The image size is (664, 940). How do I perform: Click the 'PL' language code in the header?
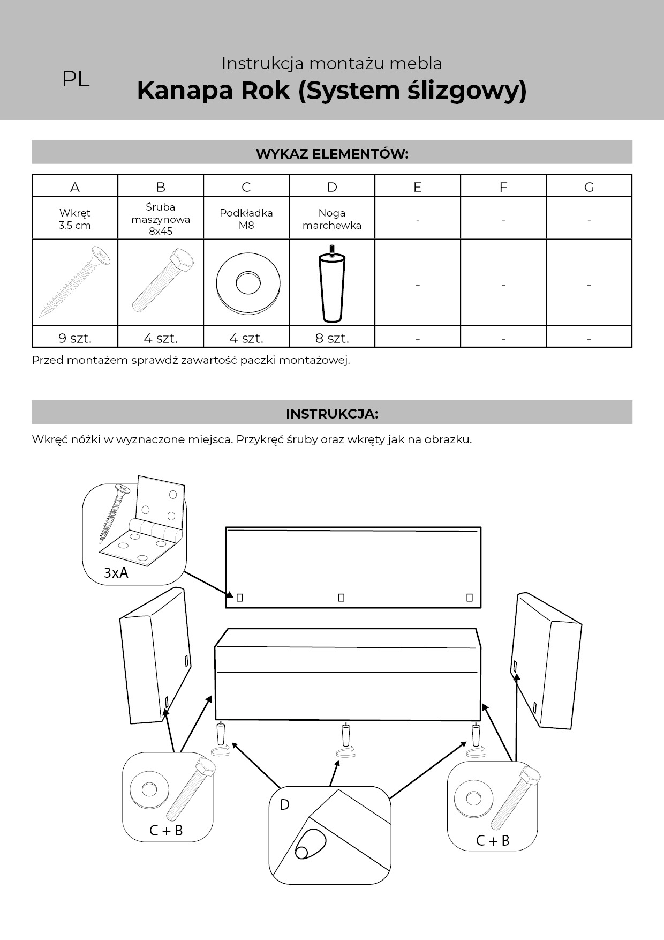coord(76,79)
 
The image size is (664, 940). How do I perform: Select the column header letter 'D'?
coord(332,187)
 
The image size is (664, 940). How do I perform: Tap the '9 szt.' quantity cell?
coord(75,338)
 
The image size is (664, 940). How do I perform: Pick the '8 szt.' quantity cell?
coord(332,338)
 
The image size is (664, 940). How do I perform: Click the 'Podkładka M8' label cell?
coord(246,219)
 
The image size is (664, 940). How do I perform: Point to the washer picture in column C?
coord(248,282)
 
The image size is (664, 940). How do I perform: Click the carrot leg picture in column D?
coord(331,284)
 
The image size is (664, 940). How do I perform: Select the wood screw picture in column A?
coord(75,281)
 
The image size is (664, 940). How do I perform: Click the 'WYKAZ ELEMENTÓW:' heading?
coord(332,154)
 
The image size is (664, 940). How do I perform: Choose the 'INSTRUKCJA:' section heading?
coord(332,414)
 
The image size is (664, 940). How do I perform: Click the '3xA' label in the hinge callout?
coord(116,573)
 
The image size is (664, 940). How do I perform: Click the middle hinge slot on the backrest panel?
coord(341,598)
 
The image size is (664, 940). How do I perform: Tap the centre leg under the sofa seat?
coord(346,735)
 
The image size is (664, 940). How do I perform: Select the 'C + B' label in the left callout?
coord(166,830)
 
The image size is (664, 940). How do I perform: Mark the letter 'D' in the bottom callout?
coord(284,804)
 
